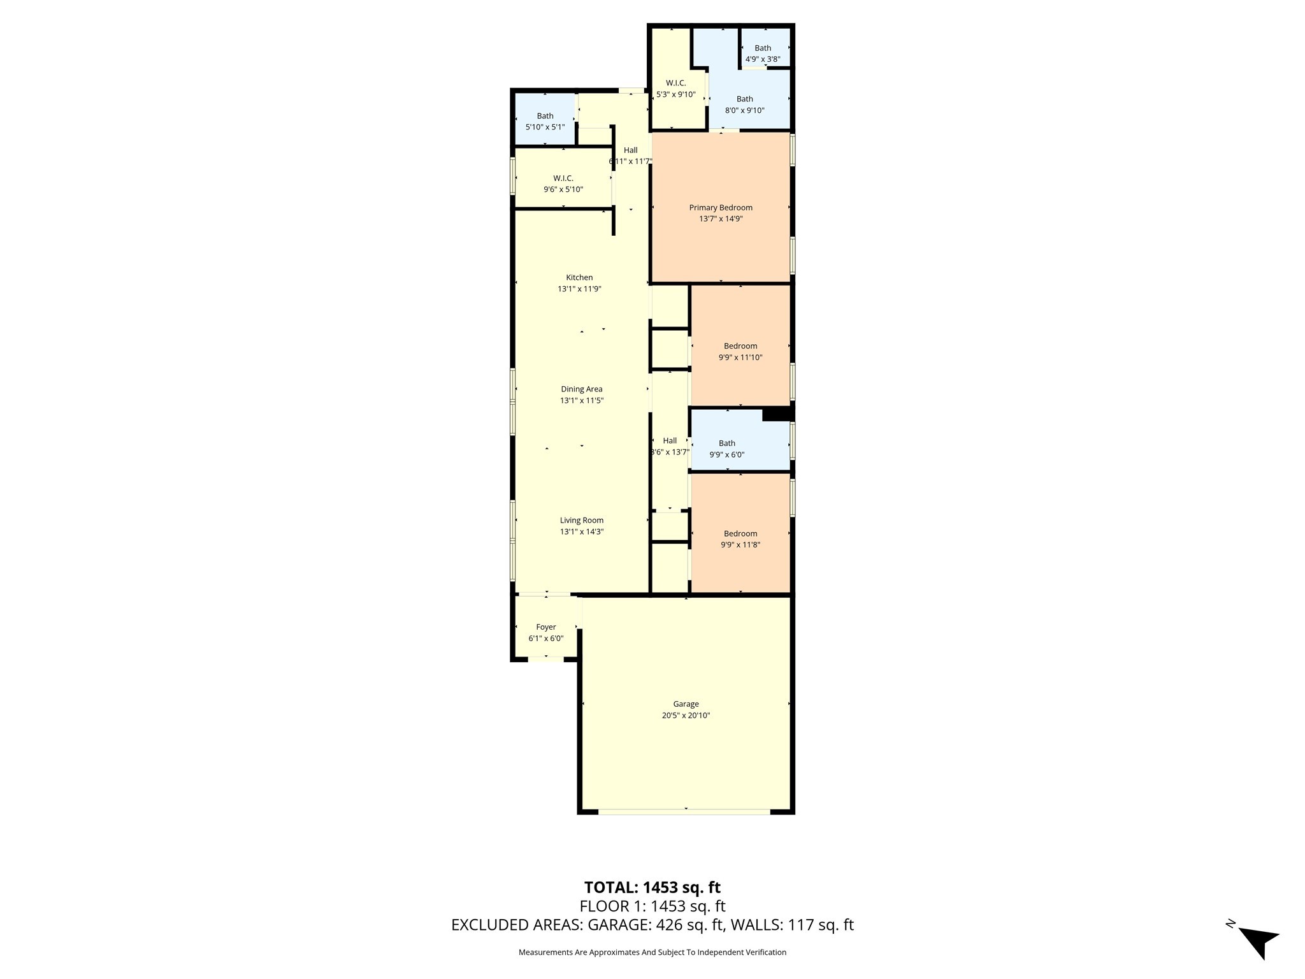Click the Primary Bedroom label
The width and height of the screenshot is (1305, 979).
click(x=721, y=208)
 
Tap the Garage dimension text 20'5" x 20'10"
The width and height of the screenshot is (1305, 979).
click(x=686, y=715)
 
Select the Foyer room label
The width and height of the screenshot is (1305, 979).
click(x=546, y=627)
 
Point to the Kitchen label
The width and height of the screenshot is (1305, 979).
click(x=579, y=277)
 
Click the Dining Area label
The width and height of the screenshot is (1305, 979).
click(x=581, y=389)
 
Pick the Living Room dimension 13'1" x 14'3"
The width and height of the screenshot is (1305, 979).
click(x=581, y=532)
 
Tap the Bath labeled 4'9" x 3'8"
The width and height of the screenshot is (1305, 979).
click(x=763, y=54)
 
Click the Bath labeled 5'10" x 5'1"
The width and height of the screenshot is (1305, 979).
click(x=545, y=121)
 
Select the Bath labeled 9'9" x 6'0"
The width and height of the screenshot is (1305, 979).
click(x=727, y=449)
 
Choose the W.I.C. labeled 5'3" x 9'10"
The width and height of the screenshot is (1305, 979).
click(x=675, y=89)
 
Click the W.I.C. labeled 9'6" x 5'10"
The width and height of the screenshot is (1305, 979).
click(x=563, y=184)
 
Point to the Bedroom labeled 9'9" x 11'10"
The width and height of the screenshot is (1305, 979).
click(x=740, y=351)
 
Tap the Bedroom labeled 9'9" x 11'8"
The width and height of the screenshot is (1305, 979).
click(x=740, y=539)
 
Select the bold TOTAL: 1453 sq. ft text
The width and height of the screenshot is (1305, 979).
click(x=652, y=887)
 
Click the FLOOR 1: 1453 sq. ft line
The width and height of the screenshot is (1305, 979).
click(x=652, y=906)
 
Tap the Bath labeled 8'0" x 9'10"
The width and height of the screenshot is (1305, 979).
click(x=744, y=105)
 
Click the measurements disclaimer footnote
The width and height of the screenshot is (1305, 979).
click(x=652, y=952)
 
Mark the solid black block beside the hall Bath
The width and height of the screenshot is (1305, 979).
click(x=777, y=414)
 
